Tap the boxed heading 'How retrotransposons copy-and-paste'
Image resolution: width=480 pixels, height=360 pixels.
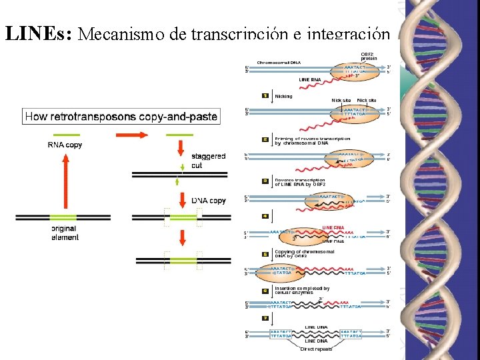(x=121, y=117)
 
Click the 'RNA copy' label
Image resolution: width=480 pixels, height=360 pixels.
(x=65, y=145)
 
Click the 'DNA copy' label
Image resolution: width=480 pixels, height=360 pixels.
(x=209, y=201)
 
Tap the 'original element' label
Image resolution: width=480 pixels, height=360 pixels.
(x=65, y=233)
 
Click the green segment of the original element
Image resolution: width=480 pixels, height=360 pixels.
(x=65, y=217)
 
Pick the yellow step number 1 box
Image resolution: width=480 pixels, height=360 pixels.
(x=265, y=96)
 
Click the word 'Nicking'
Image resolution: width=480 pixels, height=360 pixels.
(x=283, y=96)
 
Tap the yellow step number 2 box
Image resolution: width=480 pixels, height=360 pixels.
(x=265, y=140)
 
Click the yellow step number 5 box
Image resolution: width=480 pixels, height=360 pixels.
(x=265, y=253)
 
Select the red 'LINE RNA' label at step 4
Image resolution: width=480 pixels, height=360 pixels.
(x=333, y=227)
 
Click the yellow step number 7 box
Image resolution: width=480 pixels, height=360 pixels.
(x=265, y=318)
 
